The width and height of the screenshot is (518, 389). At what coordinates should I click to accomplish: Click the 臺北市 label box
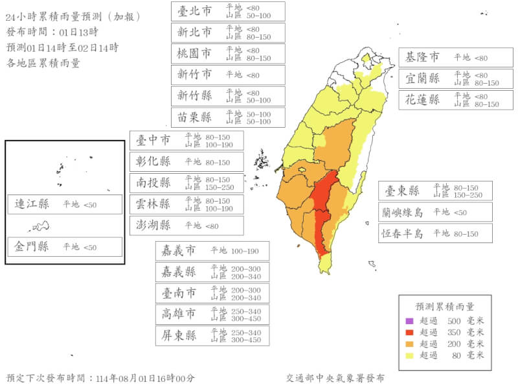[x=228, y=11]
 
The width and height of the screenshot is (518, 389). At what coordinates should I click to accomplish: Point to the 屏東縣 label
[x=178, y=336]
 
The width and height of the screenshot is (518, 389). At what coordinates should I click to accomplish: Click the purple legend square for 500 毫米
[x=409, y=321]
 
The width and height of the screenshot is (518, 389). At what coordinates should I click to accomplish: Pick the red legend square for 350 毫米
[x=409, y=332]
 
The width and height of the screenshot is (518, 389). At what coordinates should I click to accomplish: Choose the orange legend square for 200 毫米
[x=409, y=344]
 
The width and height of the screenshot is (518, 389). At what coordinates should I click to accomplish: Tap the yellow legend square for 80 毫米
[x=409, y=355]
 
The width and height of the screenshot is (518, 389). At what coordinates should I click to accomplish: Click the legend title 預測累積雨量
[x=445, y=306]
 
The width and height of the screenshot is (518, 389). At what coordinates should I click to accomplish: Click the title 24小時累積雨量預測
[x=71, y=17]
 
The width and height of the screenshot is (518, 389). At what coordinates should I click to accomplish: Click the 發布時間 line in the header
[x=52, y=32]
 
